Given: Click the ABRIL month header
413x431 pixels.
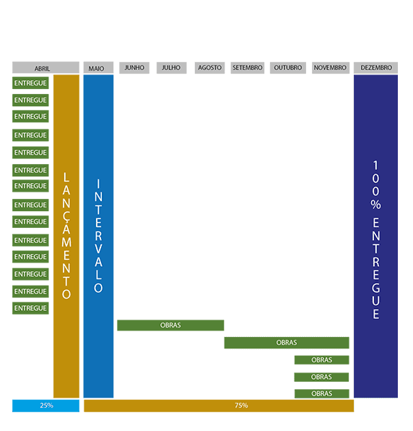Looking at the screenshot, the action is [x=45, y=68].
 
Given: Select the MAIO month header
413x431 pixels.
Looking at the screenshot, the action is [x=98, y=68].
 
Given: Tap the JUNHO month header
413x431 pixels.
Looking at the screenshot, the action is [x=134, y=68].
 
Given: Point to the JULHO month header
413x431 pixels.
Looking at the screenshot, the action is [x=172, y=68].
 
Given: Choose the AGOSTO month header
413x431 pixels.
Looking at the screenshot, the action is [x=209, y=68].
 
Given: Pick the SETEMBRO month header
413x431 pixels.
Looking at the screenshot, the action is [x=247, y=68].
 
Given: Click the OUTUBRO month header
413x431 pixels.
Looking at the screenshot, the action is [x=288, y=68].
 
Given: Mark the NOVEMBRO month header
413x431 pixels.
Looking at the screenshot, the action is [x=331, y=68].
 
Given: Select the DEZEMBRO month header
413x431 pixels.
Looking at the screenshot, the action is [x=375, y=68].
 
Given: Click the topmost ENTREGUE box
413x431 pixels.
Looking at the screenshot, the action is [x=30, y=83].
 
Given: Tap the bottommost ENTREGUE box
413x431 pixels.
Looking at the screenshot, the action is [x=30, y=308].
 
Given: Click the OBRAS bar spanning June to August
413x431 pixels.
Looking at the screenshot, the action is [x=170, y=325].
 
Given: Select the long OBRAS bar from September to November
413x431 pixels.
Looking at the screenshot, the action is [x=287, y=343].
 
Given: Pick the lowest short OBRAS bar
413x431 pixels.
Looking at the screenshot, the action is [x=321, y=393].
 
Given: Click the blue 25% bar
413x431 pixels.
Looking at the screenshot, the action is [x=45, y=406].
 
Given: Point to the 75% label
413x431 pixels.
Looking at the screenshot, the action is [x=241, y=406].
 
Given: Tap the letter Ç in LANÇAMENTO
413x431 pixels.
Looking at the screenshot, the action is [x=66, y=217].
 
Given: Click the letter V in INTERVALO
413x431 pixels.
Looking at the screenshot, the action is [x=98, y=249].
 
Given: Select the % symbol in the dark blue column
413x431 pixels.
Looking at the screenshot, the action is [x=375, y=205].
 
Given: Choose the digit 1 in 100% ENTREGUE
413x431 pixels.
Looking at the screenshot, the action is [x=375, y=166].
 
